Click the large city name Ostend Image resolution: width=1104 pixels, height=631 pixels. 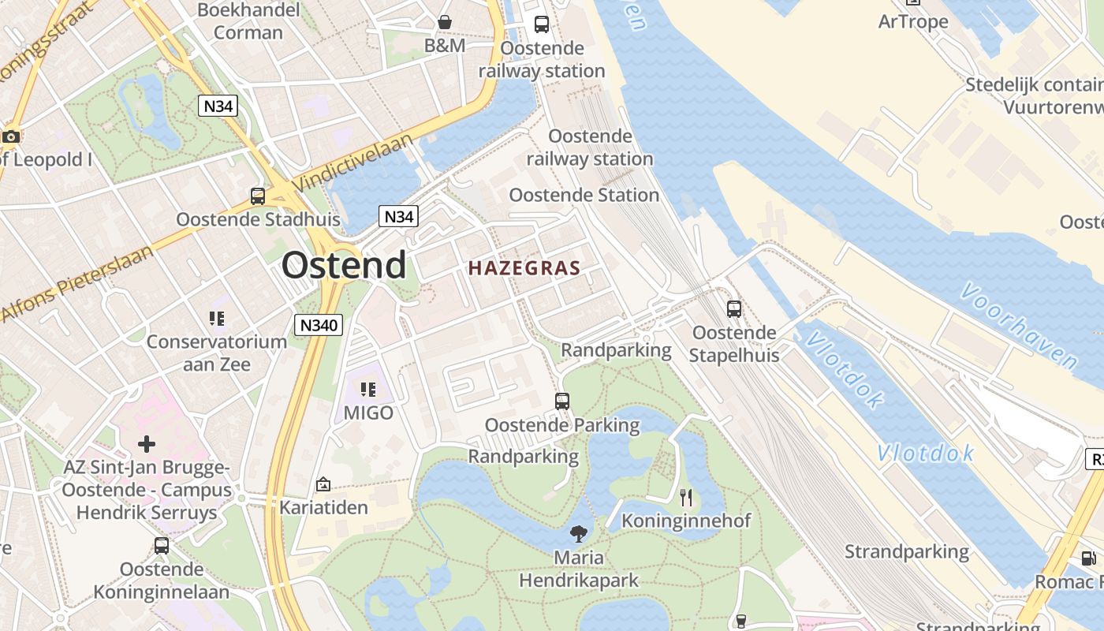[x=344, y=265]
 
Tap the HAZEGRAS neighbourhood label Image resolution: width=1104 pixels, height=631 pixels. [x=524, y=268]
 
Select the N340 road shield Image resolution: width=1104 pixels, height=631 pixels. [x=319, y=324]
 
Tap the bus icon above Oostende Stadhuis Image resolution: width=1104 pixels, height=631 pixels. [x=258, y=196]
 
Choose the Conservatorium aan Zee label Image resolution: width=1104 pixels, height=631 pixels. [x=217, y=353]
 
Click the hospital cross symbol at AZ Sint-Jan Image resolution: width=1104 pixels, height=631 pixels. [x=147, y=444]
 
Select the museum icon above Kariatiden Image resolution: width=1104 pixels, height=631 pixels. [x=323, y=484]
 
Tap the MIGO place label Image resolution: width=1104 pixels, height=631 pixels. [x=368, y=413]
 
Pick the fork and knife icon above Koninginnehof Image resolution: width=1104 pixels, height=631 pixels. [x=686, y=497]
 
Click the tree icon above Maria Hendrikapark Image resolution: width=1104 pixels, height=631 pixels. [x=579, y=534]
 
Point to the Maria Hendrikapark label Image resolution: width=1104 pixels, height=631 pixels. [x=579, y=569]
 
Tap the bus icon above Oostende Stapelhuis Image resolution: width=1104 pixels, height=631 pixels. [x=734, y=309]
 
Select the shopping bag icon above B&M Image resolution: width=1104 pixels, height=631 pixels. [x=445, y=22]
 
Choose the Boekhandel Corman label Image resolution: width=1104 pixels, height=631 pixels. [x=248, y=21]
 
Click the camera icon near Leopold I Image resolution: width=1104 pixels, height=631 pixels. [x=10, y=136]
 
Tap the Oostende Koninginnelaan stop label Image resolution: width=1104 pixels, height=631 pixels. [x=162, y=580]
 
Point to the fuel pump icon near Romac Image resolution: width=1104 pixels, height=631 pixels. [x=1088, y=558]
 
